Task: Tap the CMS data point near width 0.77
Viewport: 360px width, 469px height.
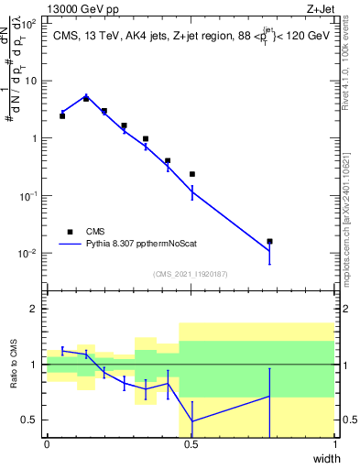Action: coord(269,242)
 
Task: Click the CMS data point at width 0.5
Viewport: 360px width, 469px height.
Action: coord(191,174)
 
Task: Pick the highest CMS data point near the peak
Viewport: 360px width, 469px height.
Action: coord(86,98)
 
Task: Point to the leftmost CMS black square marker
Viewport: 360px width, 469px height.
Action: coord(62,116)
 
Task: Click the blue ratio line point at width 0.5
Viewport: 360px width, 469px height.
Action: coord(191,421)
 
